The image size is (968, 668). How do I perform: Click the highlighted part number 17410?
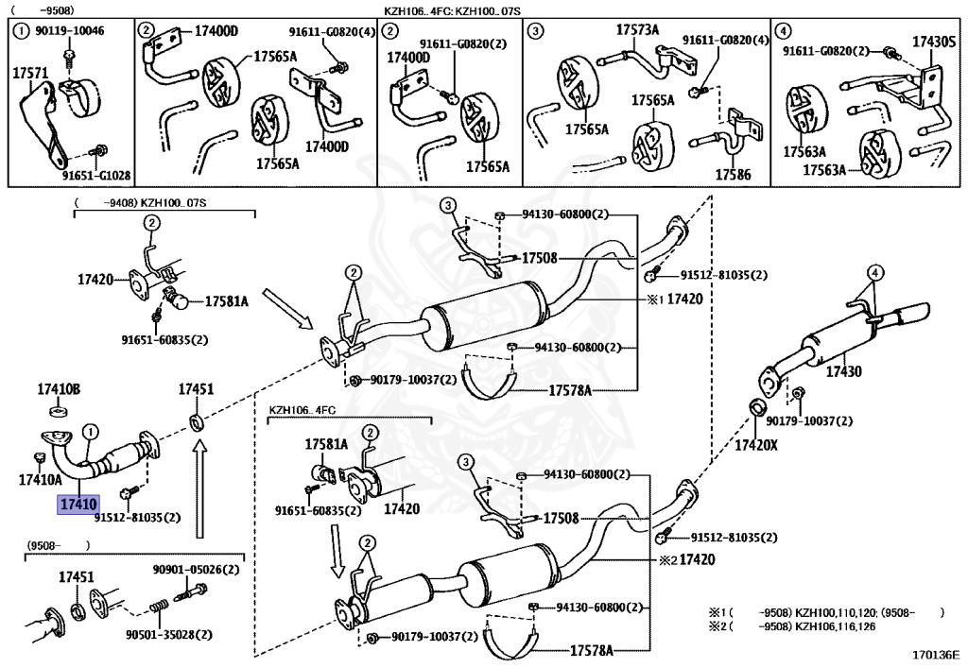tap(78, 505)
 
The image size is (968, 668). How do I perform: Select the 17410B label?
tap(59, 389)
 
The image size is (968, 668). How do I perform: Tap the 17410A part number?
tap(40, 479)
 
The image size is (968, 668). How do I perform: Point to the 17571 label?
tap(30, 74)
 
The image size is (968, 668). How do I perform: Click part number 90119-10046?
tap(70, 30)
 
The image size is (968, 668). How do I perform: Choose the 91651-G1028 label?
tap(96, 175)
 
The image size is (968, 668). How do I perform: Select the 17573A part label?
tap(638, 29)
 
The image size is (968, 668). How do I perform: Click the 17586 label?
tap(733, 175)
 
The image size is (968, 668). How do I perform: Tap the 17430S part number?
tap(934, 42)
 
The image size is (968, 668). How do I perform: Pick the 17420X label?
tap(756, 444)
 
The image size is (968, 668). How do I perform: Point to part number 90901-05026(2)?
tap(196, 570)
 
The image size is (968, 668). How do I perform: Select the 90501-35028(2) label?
tap(169, 634)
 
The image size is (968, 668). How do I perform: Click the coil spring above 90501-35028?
tap(159, 607)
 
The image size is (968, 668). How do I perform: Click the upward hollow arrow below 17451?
tap(199, 492)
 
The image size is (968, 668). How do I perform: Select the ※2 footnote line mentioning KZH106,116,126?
tap(792, 626)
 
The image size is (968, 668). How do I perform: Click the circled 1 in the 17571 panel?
tap(22, 31)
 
